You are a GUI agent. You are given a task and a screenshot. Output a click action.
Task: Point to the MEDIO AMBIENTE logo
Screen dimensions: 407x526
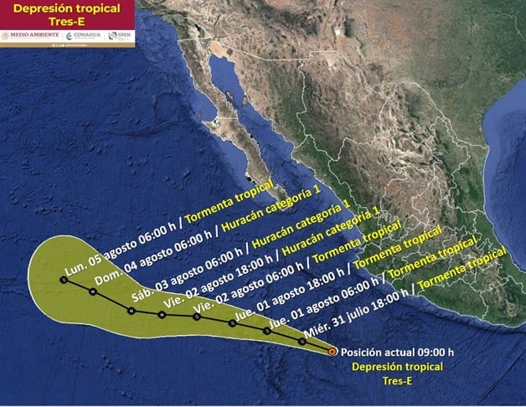point(31,35)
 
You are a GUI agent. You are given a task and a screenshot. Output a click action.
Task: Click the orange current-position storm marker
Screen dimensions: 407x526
point(333,352)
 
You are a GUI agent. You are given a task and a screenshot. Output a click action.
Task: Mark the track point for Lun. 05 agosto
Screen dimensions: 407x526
point(63,281)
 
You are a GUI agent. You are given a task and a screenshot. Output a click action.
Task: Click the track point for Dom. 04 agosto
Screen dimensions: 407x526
point(92,291)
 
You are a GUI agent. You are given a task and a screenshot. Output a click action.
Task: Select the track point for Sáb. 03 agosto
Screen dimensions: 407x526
point(131,310)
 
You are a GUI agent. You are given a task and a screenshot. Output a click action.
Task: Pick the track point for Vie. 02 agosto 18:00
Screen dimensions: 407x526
point(161,315)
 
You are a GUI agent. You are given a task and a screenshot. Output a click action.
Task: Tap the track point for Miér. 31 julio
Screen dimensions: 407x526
point(302,342)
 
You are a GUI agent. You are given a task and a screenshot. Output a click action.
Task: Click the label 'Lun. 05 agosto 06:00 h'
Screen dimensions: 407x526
point(114,256)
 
